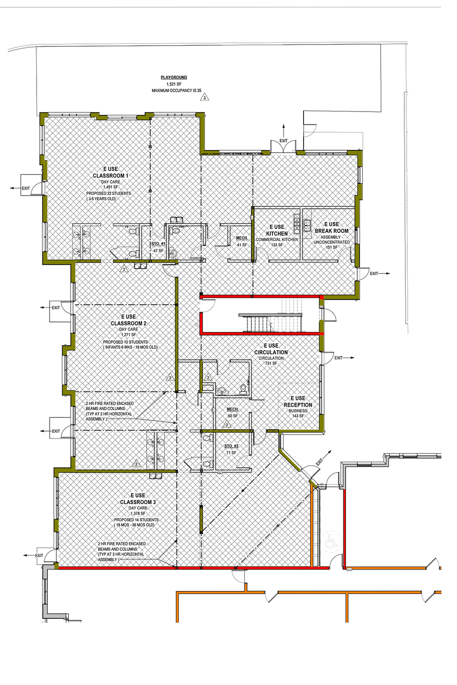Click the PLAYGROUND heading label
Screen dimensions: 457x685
(173, 77)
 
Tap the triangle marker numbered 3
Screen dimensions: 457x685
(205, 98)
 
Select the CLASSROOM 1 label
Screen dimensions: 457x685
(110, 175)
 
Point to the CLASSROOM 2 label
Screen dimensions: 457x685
(128, 323)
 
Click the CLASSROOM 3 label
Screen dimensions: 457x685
(137, 502)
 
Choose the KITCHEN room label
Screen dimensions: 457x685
(277, 233)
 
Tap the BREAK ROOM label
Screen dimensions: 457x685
(331, 231)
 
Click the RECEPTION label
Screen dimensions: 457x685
(298, 405)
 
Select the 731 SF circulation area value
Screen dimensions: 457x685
(271, 364)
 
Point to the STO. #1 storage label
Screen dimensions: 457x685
(158, 244)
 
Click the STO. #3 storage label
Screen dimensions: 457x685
(231, 446)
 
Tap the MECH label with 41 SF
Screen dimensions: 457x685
(242, 238)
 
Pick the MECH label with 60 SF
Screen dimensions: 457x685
(232, 409)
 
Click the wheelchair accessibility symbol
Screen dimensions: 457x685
(331, 542)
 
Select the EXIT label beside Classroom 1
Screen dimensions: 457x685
(26, 188)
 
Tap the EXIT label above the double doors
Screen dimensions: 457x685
(284, 141)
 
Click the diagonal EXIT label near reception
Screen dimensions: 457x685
(319, 462)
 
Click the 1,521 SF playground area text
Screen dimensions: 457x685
(173, 84)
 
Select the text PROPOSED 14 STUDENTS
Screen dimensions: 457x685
(136, 520)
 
